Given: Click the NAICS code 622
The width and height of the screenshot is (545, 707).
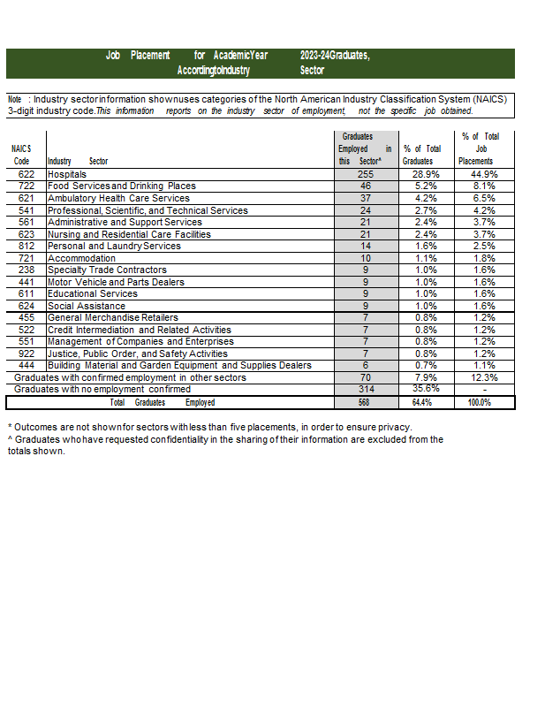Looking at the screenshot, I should point(26,175).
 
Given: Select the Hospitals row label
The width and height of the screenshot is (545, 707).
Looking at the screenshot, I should point(67,175).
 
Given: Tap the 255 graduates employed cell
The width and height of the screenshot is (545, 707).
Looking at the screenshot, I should point(365,175).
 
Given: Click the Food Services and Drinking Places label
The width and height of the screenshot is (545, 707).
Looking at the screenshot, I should point(122,186).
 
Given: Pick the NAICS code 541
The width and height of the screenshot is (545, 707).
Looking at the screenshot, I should point(26,210).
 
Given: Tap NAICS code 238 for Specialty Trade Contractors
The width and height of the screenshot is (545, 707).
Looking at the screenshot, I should point(26,270).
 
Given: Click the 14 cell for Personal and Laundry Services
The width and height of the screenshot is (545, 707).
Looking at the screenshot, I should point(365,247).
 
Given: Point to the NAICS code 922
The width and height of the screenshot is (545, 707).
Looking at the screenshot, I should point(26,353).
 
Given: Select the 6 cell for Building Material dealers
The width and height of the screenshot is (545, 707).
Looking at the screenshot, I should point(365,366).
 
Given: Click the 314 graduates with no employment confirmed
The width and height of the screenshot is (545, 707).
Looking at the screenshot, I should point(365,390).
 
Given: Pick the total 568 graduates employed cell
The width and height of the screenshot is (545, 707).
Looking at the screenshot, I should point(365,402).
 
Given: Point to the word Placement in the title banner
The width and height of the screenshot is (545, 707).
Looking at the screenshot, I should point(150,56).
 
